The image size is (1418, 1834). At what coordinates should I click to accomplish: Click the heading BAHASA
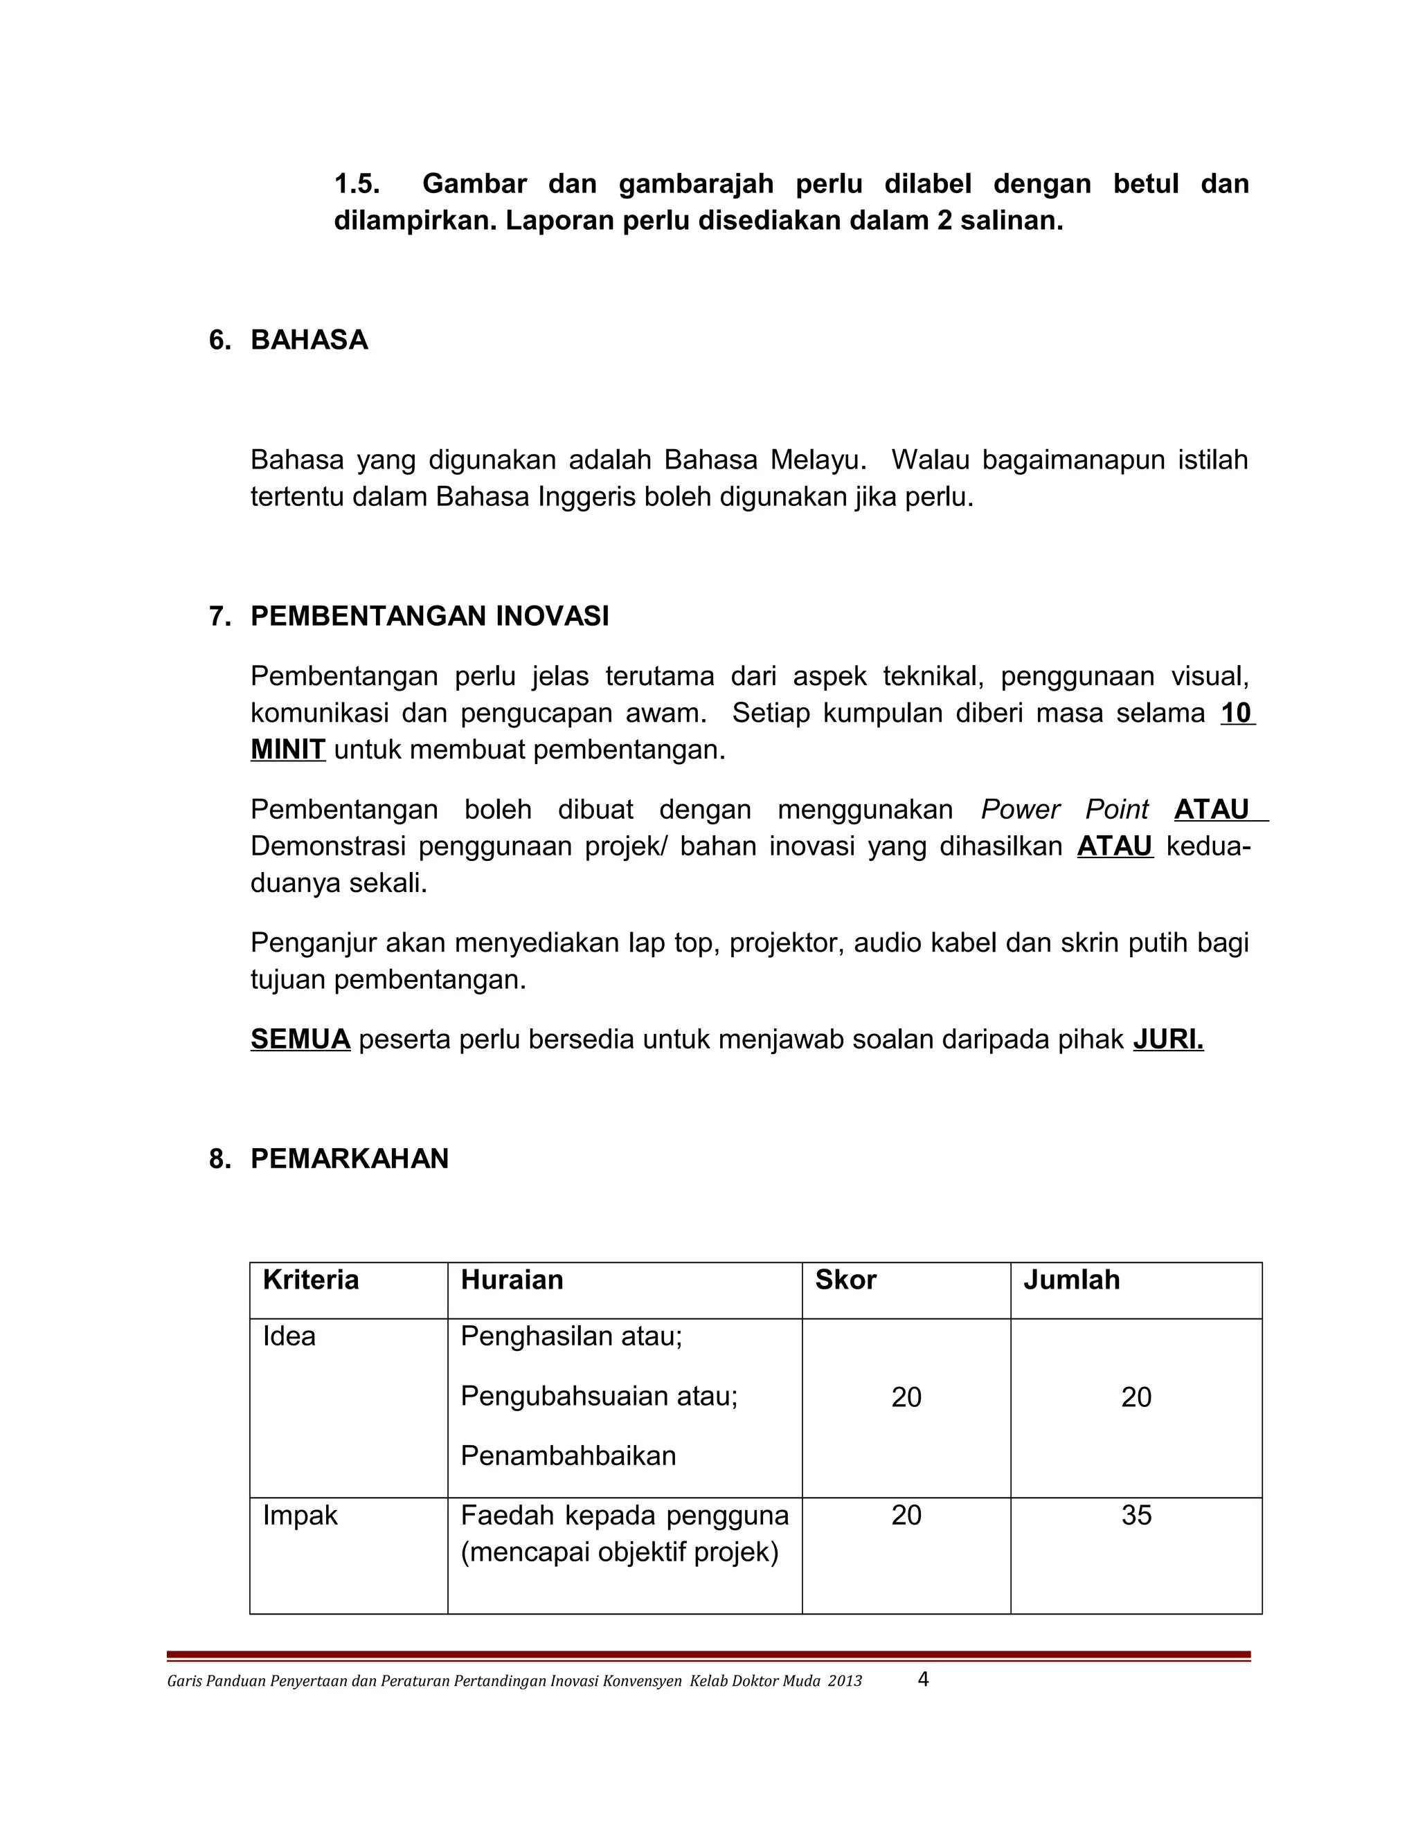pyautogui.click(x=309, y=340)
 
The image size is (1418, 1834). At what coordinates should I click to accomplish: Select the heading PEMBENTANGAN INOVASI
pyautogui.click(x=429, y=617)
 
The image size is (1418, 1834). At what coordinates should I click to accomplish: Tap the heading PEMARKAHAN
pyautogui.click(x=350, y=1159)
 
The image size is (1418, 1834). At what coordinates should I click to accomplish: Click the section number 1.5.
pyautogui.click(x=357, y=184)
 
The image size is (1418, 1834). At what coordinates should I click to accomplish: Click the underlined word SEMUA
pyautogui.click(x=300, y=1039)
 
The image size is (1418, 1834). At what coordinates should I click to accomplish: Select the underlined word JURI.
pyautogui.click(x=1167, y=1039)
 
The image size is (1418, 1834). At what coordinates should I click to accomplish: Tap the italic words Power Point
pyautogui.click(x=1063, y=810)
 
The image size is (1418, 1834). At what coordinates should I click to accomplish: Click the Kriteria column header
pyautogui.click(x=311, y=1280)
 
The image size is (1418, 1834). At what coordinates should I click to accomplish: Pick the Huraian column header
pyautogui.click(x=512, y=1280)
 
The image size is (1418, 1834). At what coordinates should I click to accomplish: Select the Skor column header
pyautogui.click(x=845, y=1280)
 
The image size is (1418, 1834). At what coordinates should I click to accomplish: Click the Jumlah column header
pyautogui.click(x=1071, y=1280)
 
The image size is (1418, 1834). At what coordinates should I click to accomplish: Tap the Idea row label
pyautogui.click(x=289, y=1336)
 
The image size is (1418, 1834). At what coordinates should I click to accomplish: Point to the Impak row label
pyautogui.click(x=300, y=1515)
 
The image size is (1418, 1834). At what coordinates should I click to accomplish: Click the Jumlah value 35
pyautogui.click(x=1136, y=1515)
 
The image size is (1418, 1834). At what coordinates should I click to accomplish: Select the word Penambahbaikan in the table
pyautogui.click(x=568, y=1455)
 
